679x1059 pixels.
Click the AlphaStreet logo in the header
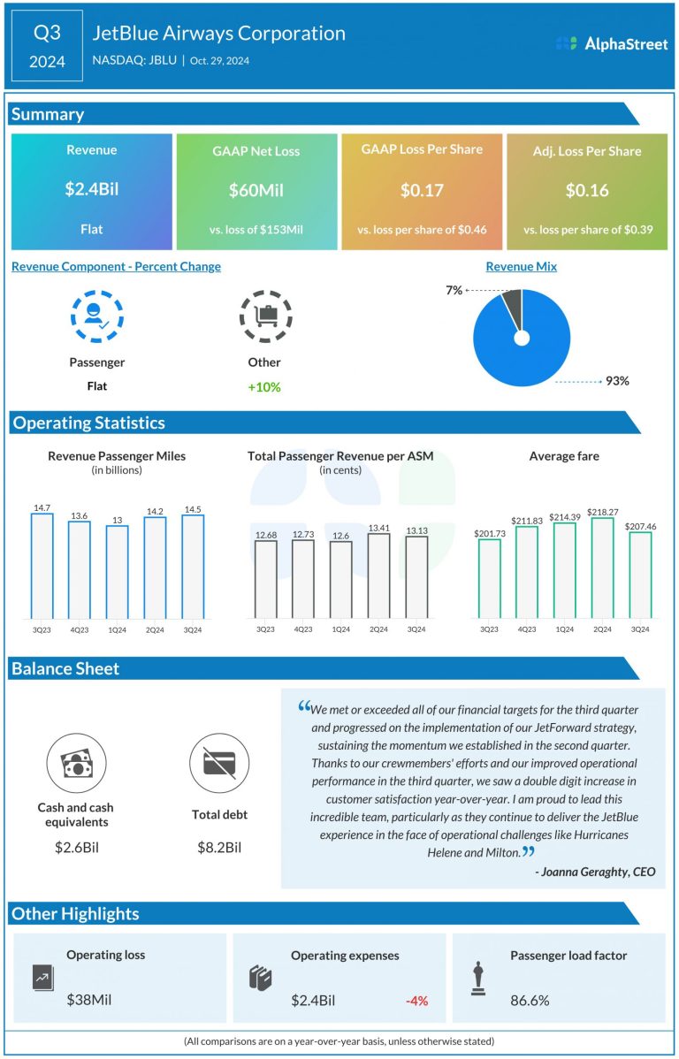pyautogui.click(x=612, y=43)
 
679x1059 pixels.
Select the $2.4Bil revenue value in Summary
pyautogui.click(x=92, y=190)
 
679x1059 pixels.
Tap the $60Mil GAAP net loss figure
pyautogui.click(x=256, y=190)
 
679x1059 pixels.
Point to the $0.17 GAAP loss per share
pyautogui.click(x=422, y=190)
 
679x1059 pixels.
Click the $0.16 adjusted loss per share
pyautogui.click(x=587, y=190)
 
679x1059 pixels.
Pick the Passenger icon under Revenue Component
pyautogui.click(x=96, y=316)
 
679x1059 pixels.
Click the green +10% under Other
pyautogui.click(x=264, y=386)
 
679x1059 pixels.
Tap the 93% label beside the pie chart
pyautogui.click(x=617, y=381)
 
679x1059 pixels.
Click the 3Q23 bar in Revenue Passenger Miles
pyautogui.click(x=42, y=566)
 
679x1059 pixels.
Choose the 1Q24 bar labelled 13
pyautogui.click(x=118, y=572)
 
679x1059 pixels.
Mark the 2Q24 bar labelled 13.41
pyautogui.click(x=378, y=575)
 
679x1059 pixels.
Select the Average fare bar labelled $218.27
pyautogui.click(x=603, y=568)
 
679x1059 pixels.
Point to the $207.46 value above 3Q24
pyautogui.click(x=640, y=527)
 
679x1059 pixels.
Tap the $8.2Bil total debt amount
pyautogui.click(x=218, y=847)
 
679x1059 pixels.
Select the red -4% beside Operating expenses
pyautogui.click(x=416, y=1001)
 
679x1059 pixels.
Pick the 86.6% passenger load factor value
pyautogui.click(x=530, y=1001)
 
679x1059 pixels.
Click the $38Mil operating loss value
pyautogui.click(x=89, y=1001)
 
